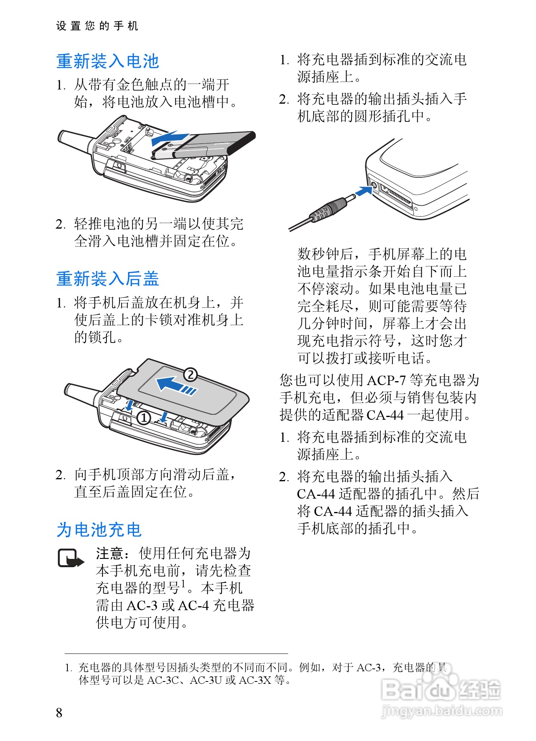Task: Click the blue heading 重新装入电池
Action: [108, 61]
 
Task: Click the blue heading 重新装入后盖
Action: [108, 279]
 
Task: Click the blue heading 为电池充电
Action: [99, 529]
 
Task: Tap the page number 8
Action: [59, 713]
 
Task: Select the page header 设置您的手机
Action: [97, 26]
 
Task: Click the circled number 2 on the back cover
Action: [190, 374]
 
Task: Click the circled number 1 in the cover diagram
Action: [144, 418]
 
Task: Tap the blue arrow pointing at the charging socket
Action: [364, 191]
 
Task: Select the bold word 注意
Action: [110, 553]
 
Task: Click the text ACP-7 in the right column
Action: [386, 380]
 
